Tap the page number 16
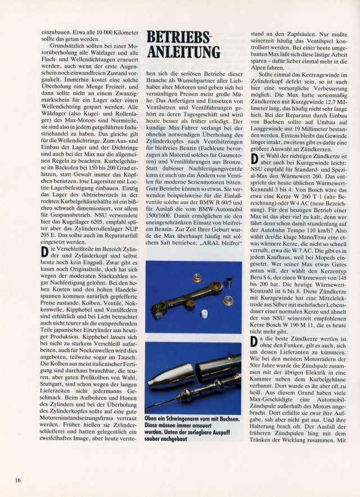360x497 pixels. click(18, 480)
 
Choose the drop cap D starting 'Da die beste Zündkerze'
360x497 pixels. click(254, 343)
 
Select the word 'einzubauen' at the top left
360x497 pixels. click(56, 33)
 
